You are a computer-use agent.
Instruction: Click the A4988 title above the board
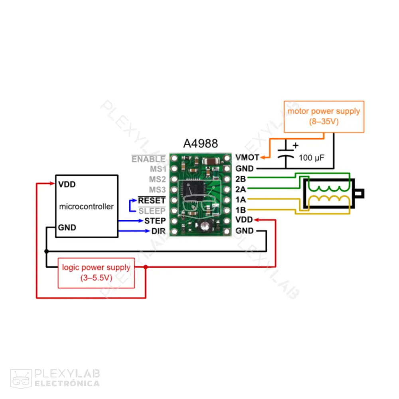coord(200,144)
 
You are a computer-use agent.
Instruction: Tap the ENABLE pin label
coord(148,159)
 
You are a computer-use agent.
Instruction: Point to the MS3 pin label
coord(157,189)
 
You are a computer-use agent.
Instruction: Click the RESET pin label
coord(152,200)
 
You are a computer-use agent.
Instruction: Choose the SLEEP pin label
coord(152,210)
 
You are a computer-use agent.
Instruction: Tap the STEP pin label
coord(155,221)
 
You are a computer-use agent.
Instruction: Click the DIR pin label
coord(158,231)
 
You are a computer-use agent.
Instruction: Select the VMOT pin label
coord(247,158)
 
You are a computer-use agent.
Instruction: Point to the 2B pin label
coord(240,179)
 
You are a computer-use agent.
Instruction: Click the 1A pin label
coord(240,199)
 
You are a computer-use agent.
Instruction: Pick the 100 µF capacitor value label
coord(311,158)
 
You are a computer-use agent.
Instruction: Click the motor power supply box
coord(324,117)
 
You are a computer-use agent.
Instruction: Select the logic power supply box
coord(96,273)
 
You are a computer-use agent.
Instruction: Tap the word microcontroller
coord(86,207)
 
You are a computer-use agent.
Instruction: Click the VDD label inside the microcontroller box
coord(67,185)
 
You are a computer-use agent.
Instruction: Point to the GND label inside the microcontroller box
coord(67,228)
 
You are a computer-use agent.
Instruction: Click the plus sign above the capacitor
coord(296,145)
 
